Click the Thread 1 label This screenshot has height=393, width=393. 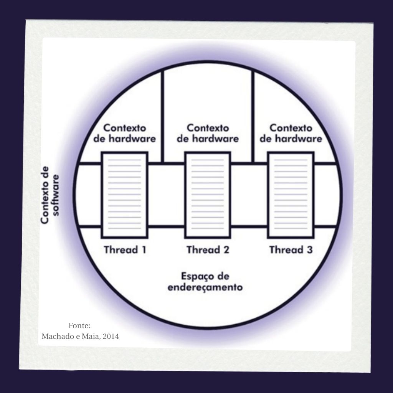[125, 250]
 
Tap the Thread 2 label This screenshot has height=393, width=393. [208, 250]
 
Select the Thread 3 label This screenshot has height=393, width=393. [291, 250]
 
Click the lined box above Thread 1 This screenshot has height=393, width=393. [125, 195]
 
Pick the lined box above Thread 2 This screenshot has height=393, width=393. [208, 195]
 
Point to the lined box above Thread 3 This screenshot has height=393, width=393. [291, 195]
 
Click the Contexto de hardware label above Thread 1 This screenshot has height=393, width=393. [125, 133]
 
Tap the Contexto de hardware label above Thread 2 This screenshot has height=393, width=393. [208, 133]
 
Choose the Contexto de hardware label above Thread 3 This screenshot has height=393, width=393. [291, 133]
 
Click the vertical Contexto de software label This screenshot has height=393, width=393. [50, 195]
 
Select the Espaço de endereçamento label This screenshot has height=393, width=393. [205, 282]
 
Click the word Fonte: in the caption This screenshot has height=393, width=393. [79, 326]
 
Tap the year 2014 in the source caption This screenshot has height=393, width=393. [111, 337]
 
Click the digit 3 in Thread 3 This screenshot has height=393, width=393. [309, 250]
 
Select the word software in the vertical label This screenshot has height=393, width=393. [57, 195]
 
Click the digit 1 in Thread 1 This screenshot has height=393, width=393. [144, 250]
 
